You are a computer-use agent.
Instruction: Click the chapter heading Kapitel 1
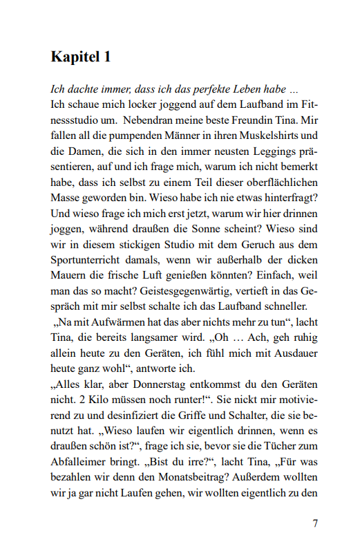(81, 57)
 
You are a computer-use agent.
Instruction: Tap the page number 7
(315, 523)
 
